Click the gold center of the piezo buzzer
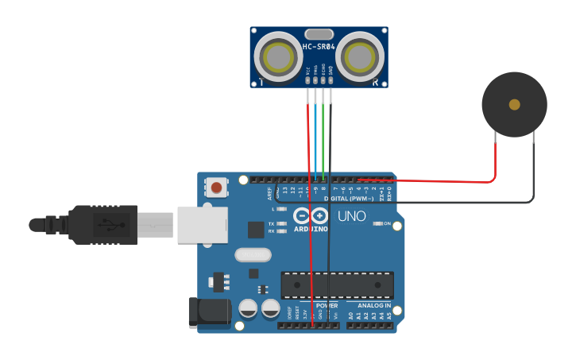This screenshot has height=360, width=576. click(515, 104)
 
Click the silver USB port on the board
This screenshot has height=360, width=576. click(202, 225)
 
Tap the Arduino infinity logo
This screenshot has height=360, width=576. click(311, 215)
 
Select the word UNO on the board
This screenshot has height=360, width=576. click(352, 216)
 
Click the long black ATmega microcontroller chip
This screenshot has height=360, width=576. click(337, 285)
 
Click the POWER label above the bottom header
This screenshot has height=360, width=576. click(327, 306)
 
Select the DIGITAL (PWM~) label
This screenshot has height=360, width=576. click(349, 199)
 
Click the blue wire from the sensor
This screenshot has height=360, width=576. click(315, 135)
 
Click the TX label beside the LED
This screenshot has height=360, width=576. click(272, 224)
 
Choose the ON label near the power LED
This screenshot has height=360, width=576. click(387, 224)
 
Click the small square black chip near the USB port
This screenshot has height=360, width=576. click(256, 230)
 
